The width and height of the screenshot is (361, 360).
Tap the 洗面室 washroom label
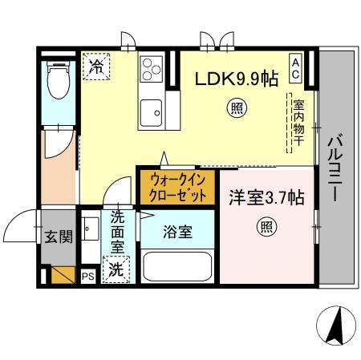pyautogui.click(x=117, y=233)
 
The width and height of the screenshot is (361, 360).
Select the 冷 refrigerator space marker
pyautogui.click(x=96, y=64)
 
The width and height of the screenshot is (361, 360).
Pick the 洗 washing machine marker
pyautogui.click(x=116, y=269)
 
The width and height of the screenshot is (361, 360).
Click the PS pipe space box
pyautogui.click(x=88, y=276)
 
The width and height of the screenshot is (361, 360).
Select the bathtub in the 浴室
pyautogui.click(x=177, y=266)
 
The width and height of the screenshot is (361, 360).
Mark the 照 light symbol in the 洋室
pyautogui.click(x=265, y=228)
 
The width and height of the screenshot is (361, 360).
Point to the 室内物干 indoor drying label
pyautogui.click(x=298, y=123)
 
